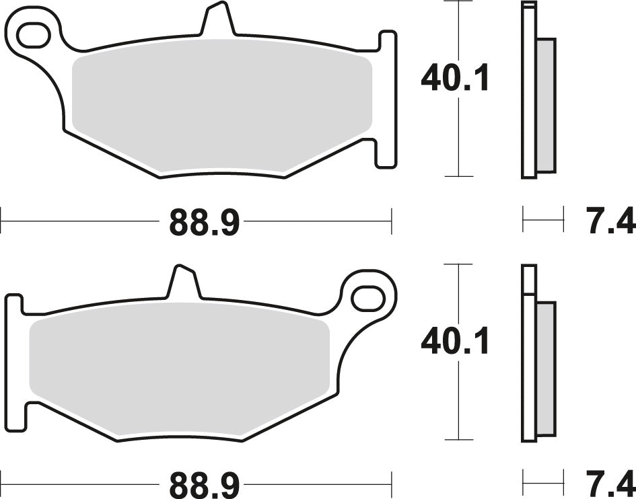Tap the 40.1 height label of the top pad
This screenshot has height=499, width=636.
tap(456, 79)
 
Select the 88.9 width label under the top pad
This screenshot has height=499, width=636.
tap(204, 223)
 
